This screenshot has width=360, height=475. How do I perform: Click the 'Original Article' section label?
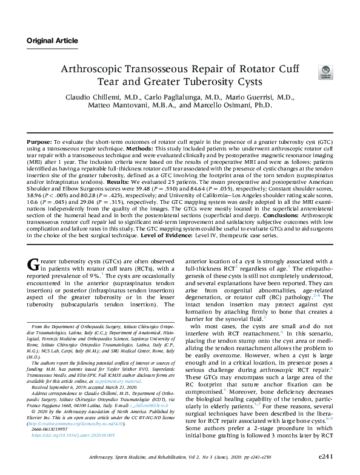pos(52,41)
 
